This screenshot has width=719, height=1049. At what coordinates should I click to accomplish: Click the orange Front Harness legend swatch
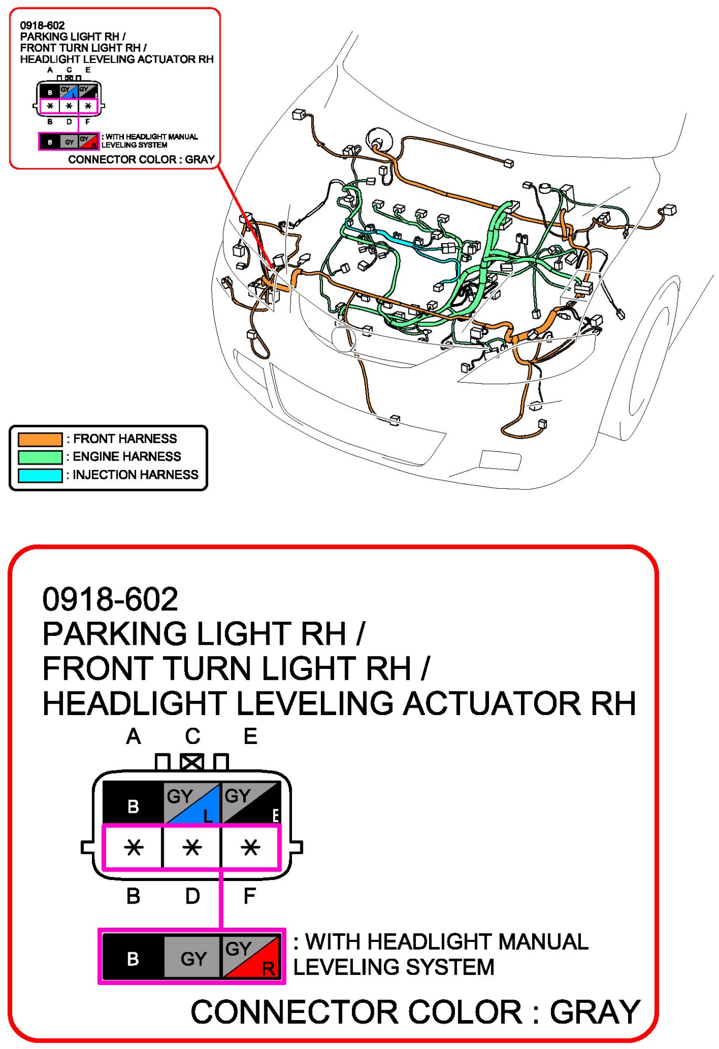click(x=40, y=439)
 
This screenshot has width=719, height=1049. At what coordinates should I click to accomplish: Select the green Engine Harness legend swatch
click(x=40, y=457)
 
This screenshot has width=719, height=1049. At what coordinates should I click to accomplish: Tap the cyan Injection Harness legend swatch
click(x=40, y=475)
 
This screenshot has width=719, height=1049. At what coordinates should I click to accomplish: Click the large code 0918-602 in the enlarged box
click(x=110, y=599)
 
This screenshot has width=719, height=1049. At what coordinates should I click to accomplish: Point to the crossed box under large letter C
click(x=192, y=762)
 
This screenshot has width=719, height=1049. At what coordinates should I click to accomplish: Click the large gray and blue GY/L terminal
click(x=192, y=803)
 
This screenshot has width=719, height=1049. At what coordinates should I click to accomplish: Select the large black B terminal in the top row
click(x=133, y=803)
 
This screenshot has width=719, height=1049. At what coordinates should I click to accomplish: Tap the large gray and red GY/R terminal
click(x=251, y=958)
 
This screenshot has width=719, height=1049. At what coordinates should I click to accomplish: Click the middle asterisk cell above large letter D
click(x=192, y=847)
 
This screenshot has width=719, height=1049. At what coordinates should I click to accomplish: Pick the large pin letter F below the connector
click(x=250, y=896)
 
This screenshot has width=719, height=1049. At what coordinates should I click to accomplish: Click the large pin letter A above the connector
click(x=133, y=737)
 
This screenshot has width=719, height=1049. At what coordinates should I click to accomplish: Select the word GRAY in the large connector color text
click(x=595, y=1012)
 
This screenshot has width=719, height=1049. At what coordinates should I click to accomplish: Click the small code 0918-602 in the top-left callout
click(x=42, y=25)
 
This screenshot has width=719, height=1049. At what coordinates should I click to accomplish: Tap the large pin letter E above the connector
click(x=251, y=737)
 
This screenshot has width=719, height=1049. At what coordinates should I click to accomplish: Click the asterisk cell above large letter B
click(x=133, y=847)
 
